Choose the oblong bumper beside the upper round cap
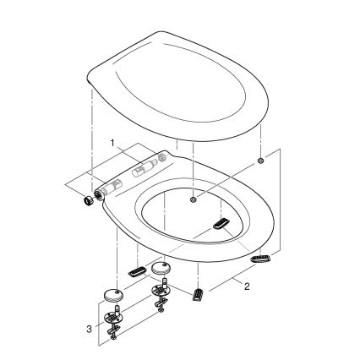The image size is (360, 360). coord(136,271)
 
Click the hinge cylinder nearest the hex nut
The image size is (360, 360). coord(114,183)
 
